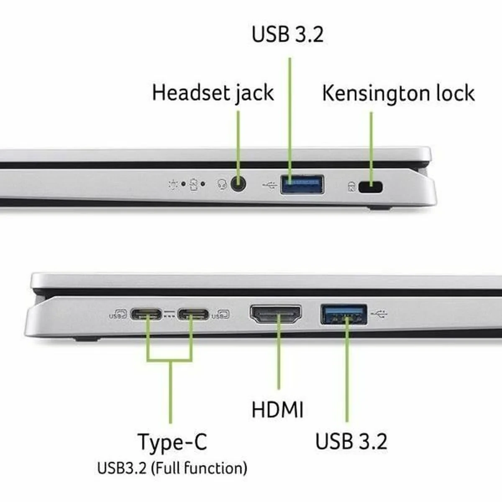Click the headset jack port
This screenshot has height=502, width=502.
click(x=238, y=184)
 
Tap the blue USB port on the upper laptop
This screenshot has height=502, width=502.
click(x=302, y=184)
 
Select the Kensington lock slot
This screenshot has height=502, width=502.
click(x=371, y=187)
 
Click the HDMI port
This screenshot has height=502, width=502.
click(x=276, y=315)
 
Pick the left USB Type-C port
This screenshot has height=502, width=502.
click(x=146, y=314)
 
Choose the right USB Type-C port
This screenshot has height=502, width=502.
click(x=193, y=314)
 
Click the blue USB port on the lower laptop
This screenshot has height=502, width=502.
click(x=344, y=314)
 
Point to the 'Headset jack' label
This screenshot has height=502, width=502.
click(x=213, y=93)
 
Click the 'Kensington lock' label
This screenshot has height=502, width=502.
click(x=398, y=93)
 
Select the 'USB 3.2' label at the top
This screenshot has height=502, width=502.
click(x=287, y=34)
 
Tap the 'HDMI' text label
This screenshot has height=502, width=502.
click(x=277, y=409)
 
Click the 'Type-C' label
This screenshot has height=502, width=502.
click(x=172, y=442)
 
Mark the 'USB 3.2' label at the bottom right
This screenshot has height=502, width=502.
click(x=351, y=441)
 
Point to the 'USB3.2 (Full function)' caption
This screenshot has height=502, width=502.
click(x=172, y=468)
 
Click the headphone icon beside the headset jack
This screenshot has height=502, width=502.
click(x=222, y=184)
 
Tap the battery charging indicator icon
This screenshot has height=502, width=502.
click(x=193, y=184)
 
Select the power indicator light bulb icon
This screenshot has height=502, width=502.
click(x=173, y=184)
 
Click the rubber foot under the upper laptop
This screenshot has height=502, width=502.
click(x=380, y=207)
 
